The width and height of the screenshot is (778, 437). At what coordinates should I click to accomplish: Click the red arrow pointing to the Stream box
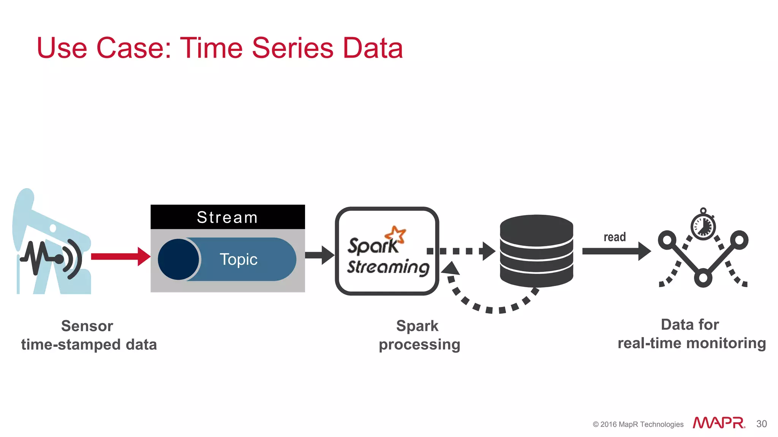120,256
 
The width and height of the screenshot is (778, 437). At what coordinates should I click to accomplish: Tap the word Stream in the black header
227,217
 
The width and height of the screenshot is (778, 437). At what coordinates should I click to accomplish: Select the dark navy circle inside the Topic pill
178,259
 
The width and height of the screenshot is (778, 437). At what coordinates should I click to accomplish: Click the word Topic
239,259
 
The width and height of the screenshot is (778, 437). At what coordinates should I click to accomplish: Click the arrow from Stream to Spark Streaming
319,255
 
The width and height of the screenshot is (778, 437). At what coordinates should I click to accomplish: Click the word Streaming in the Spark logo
388,267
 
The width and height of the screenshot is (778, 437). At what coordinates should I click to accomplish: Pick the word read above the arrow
614,237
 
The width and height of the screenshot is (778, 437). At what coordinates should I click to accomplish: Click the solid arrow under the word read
615,251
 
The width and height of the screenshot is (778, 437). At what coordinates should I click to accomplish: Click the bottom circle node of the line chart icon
703,278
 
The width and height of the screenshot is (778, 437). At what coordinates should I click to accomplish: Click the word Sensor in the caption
87,326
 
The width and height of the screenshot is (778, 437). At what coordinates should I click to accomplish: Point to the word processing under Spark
419,344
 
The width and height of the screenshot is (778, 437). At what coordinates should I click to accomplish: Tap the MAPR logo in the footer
718,423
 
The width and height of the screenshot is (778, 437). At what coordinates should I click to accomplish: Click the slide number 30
761,424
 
